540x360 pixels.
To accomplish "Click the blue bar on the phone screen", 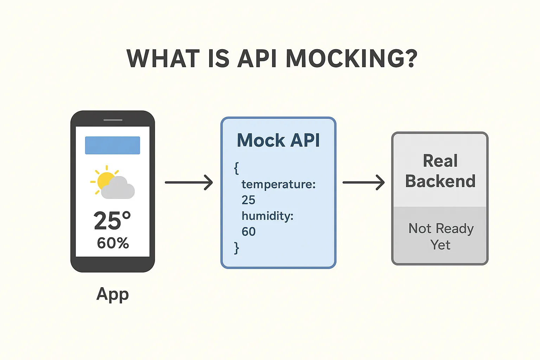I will pos(112,145).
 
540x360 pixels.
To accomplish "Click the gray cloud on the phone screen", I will pos(118,189).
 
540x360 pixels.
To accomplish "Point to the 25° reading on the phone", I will pos(112,221).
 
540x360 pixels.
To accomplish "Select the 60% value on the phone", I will pos(113,243).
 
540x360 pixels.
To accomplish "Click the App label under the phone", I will pos(112,294).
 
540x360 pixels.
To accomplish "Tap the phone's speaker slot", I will pos(113,120).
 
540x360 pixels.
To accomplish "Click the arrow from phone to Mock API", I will pos(189,182).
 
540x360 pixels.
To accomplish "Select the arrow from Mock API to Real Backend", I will pos(364,182).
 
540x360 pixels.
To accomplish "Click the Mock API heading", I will pos(278,141).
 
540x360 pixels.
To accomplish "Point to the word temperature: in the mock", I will pos(278,184).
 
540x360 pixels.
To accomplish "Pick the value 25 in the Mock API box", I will pos(248,200).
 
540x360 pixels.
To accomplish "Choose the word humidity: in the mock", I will pos(267,216).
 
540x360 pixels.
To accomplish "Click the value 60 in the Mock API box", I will pos(248,231).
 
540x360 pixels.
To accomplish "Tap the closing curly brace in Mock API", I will pos(237,248).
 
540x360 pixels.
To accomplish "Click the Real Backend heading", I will pos(440,171).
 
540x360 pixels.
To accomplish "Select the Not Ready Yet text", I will pos(441,237).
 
